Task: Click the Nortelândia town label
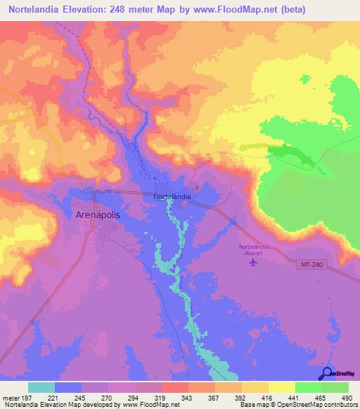(x=172, y=197)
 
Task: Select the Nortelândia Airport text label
(x=255, y=251)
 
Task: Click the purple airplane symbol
(x=254, y=264)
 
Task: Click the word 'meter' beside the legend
(x=11, y=397)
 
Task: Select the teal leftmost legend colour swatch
(x=41, y=387)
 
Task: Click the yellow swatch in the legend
(x=281, y=387)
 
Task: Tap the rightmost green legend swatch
(x=335, y=387)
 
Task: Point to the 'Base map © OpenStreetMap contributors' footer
(x=298, y=405)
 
